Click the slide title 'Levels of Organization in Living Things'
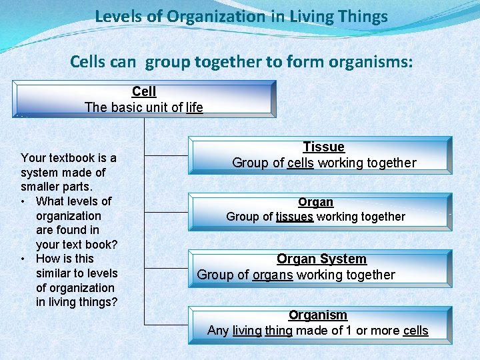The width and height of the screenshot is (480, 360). [241, 17]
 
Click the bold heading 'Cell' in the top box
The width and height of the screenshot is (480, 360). [144, 91]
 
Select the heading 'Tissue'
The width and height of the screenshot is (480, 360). [323, 147]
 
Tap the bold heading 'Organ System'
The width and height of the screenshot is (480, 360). [321, 259]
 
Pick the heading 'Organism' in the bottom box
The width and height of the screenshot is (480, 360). [317, 315]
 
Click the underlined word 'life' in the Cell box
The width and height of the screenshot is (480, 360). [195, 107]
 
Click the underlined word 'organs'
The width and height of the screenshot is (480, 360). [273, 275]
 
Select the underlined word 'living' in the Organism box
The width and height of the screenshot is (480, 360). [247, 331]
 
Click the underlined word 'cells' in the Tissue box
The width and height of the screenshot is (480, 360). [300, 163]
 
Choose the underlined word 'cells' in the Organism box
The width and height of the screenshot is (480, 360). [415, 331]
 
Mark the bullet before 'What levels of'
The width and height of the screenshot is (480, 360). [23, 201]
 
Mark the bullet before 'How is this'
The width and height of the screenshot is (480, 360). [23, 259]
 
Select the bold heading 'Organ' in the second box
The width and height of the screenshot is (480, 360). [315, 202]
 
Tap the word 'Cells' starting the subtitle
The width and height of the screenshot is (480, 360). [89, 63]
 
